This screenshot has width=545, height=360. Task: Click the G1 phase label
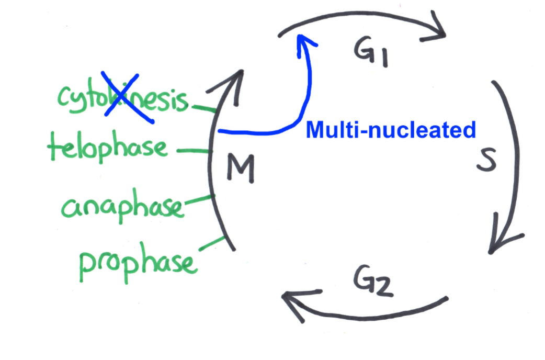click(370, 53)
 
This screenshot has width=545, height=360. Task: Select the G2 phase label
click(372, 284)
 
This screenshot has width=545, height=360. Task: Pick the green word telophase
click(108, 148)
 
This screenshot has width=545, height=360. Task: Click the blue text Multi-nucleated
click(391, 130)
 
